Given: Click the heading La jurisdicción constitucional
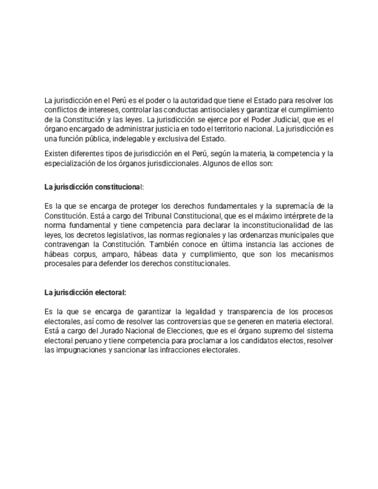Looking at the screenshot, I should [x=94, y=187].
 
